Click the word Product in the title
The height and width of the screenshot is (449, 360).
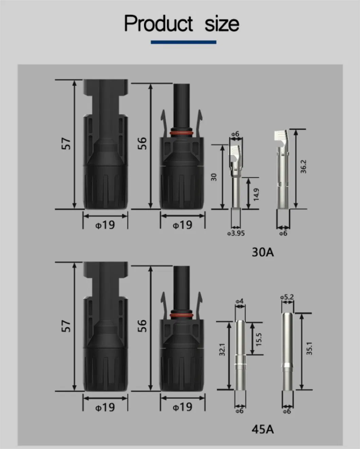[x=159, y=23]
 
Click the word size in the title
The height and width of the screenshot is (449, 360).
[x=222, y=24]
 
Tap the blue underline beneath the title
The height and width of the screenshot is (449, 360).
[x=183, y=42]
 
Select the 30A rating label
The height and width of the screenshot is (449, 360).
[x=263, y=252]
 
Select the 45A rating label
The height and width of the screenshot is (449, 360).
[x=263, y=429]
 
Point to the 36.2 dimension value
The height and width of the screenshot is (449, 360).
[x=303, y=167]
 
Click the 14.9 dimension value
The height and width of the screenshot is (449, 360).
[x=256, y=194]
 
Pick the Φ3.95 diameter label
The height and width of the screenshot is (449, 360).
[x=236, y=233]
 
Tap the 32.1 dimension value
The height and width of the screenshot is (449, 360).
[x=222, y=350]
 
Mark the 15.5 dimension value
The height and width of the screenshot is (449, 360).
[x=259, y=339]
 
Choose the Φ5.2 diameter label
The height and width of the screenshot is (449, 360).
[x=287, y=297]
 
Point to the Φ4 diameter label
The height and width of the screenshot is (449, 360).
[x=239, y=301]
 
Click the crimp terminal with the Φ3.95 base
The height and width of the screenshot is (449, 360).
[x=236, y=180]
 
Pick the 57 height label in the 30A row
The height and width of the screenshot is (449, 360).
[x=66, y=144]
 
